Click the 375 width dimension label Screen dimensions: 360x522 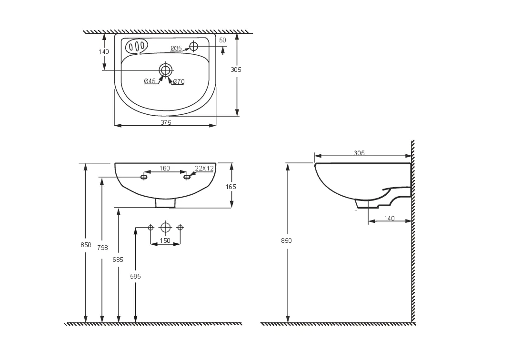click(166, 122)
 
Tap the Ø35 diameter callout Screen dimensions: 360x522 click(176, 48)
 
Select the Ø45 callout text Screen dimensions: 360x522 click(150, 81)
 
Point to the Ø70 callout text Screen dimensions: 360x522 click(179, 81)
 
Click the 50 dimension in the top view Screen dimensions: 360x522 click(222, 40)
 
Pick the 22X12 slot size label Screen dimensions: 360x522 click(204, 169)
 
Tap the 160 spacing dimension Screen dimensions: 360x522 click(165, 169)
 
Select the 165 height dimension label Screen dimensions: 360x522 click(231, 187)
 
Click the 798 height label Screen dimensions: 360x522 click(102, 248)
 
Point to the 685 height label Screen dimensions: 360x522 click(118, 260)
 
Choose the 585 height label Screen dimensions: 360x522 click(136, 276)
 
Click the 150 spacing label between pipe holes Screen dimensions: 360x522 click(165, 240)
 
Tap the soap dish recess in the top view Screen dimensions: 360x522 click(137, 46)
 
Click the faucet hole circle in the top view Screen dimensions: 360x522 click(193, 46)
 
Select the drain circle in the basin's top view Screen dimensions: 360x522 click(165, 70)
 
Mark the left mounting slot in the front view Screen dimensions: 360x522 click(144, 177)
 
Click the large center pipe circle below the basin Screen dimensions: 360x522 click(165, 228)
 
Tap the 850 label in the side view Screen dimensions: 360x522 click(286, 240)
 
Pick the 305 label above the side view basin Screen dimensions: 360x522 click(359, 153)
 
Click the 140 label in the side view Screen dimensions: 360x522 click(389, 218)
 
